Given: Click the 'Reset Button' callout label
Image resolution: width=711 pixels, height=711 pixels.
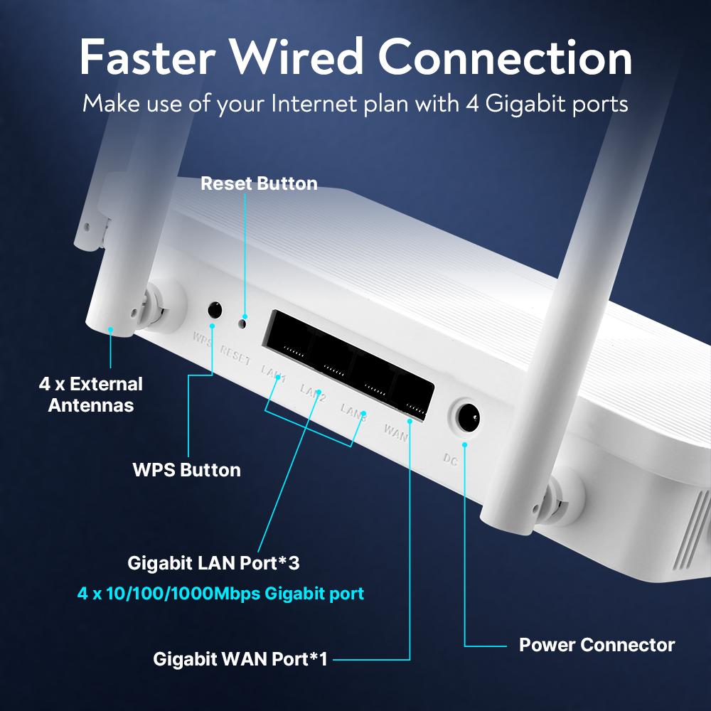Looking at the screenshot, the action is pos(259,183).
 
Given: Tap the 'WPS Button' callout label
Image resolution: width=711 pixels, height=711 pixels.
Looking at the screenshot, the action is pos(186,470).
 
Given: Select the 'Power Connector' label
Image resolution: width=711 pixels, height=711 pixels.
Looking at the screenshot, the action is pos(597,645).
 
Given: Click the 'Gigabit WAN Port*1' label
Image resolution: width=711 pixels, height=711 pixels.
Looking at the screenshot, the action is pos(240,659).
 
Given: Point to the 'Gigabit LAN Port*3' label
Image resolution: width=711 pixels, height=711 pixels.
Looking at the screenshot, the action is pos(213,564).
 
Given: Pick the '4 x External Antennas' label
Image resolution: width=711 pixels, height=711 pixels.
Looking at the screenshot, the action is pos(90,395).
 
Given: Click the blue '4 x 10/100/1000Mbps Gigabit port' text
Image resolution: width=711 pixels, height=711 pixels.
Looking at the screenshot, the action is pos(220,593).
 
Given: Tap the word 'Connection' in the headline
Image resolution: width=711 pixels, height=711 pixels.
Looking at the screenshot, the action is pos(505,58).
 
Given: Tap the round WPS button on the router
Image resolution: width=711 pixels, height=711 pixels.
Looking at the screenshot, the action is pos(214,310).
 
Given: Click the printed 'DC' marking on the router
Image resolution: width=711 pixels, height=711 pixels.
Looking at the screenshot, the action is pos(450,460).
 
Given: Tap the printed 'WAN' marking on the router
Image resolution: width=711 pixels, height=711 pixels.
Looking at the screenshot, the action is pos(395,432).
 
